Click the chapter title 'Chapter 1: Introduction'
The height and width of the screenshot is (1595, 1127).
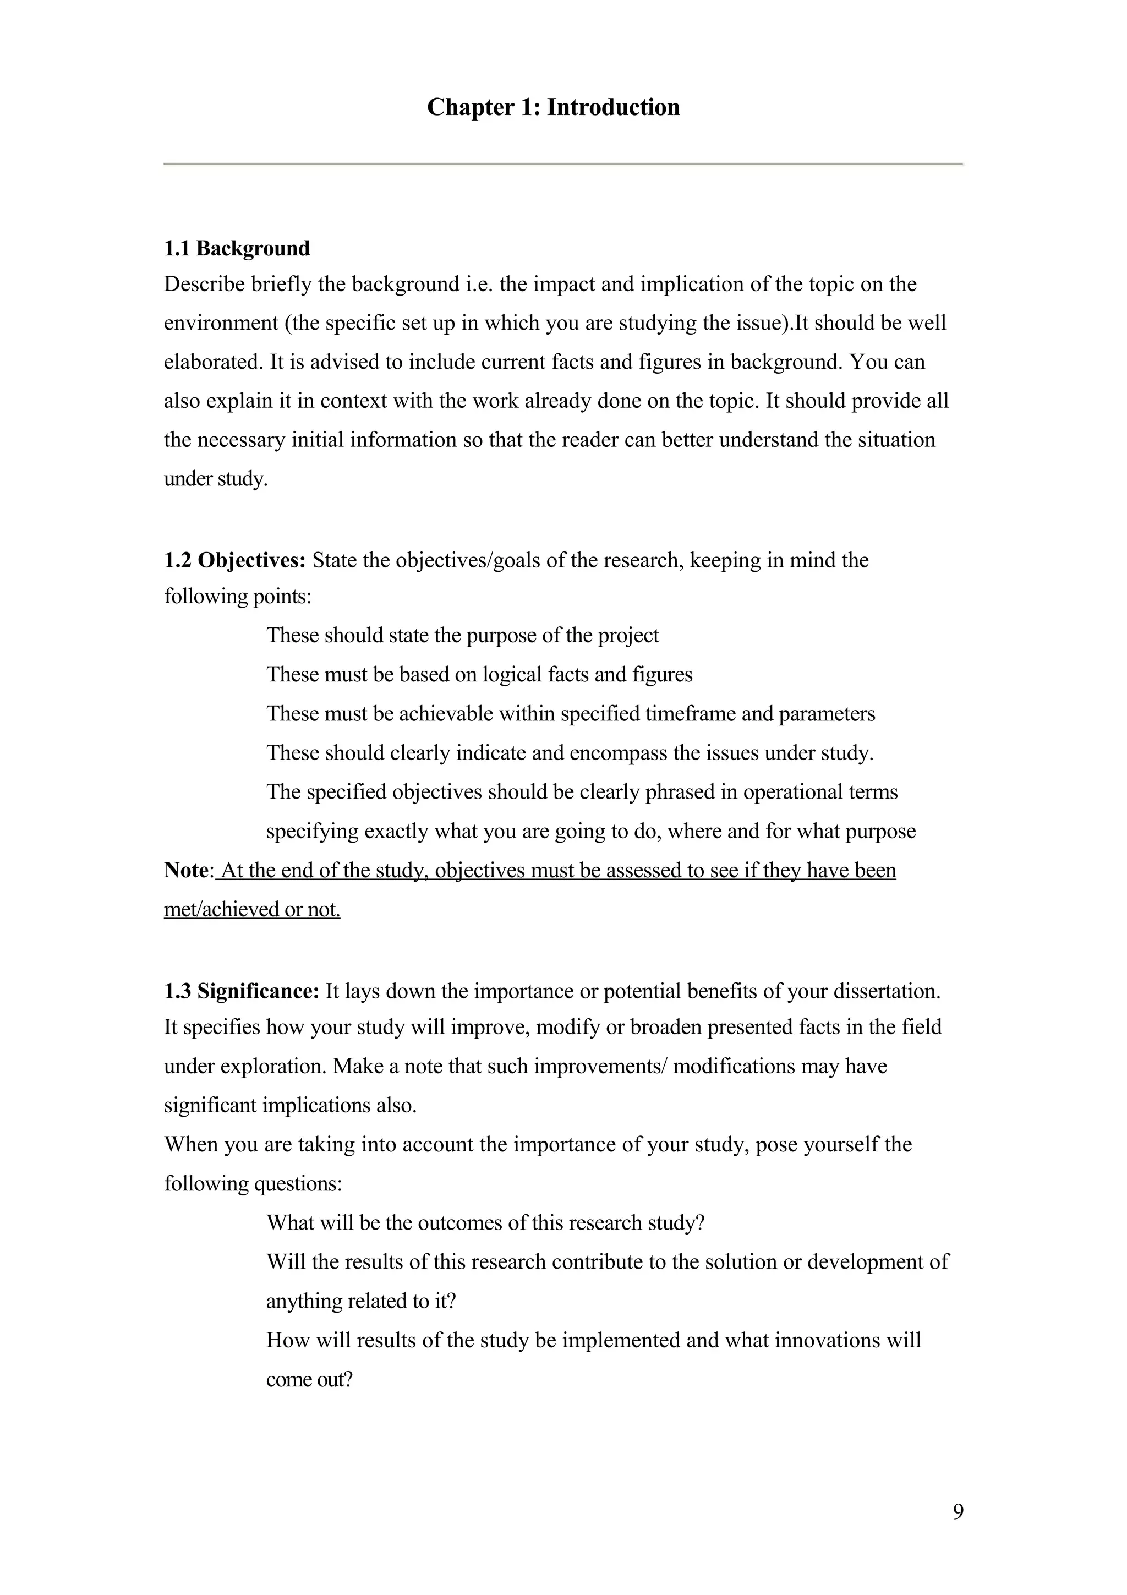[554, 107]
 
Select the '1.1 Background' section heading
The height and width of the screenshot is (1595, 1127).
[237, 248]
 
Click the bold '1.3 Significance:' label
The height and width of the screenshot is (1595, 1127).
[241, 991]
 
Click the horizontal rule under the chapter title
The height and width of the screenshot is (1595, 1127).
[562, 164]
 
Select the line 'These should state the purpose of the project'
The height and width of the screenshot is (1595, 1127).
[462, 635]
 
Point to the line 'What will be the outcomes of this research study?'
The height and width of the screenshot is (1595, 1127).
[485, 1222]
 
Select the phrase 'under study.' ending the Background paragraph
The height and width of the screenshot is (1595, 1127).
[215, 479]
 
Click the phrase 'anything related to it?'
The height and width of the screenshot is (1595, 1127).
[361, 1301]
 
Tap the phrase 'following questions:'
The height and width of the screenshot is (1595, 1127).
[253, 1183]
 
